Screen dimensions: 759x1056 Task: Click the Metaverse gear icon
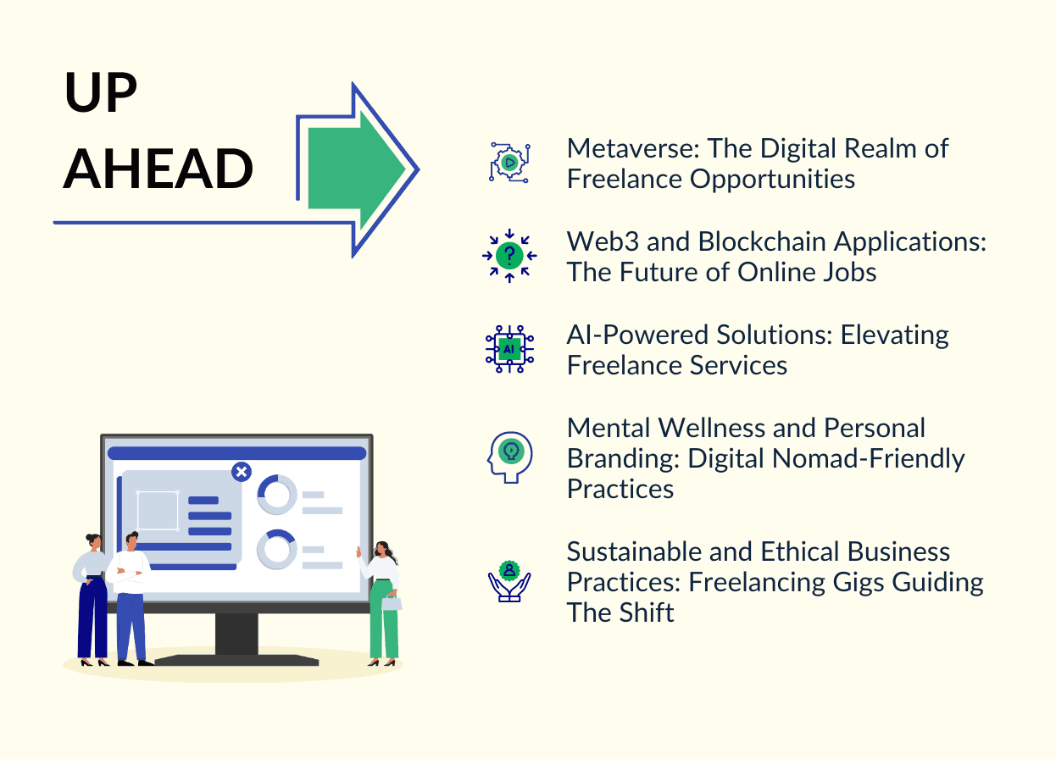click(509, 162)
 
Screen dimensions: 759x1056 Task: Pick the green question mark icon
click(509, 255)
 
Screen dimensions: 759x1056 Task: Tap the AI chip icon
click(509, 348)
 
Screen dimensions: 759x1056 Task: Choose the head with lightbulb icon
click(509, 455)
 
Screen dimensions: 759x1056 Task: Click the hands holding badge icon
click(509, 580)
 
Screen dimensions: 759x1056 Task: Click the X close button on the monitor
click(242, 472)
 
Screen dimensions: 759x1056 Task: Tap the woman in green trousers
click(382, 602)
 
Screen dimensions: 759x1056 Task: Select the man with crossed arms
click(130, 596)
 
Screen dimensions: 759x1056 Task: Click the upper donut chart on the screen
click(277, 494)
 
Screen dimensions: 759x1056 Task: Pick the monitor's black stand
click(236, 635)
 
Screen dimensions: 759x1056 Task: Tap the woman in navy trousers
click(92, 596)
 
